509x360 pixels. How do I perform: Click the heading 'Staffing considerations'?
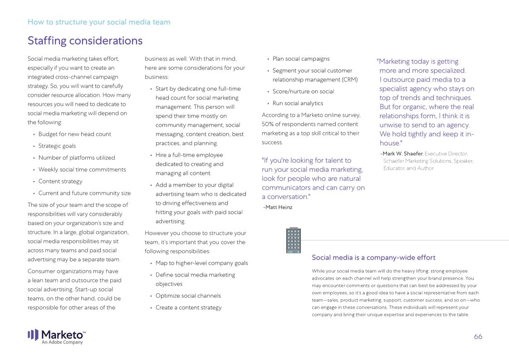coord(85,41)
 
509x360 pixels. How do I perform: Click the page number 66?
coord(478,336)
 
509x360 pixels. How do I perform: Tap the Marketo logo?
coord(56,335)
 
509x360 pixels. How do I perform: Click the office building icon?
coord(293,240)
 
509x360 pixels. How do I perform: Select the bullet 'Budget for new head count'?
coord(74,134)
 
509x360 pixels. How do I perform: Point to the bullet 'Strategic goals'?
coord(57,146)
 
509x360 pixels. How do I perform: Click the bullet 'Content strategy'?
coord(60,182)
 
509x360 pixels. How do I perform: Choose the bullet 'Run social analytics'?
coord(298,104)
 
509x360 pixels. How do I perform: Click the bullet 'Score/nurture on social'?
coord(303,92)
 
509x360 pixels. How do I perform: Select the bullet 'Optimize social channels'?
coord(188,296)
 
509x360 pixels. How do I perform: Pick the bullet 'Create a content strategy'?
coord(188,308)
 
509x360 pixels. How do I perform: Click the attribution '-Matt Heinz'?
coord(278,207)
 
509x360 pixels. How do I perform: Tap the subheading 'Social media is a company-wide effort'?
coord(373,257)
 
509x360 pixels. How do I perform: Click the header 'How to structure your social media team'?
coord(99,22)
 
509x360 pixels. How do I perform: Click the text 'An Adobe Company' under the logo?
coord(63,342)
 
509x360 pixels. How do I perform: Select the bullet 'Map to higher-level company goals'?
coord(201,263)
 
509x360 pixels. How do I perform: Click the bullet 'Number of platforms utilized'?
coord(77,158)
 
